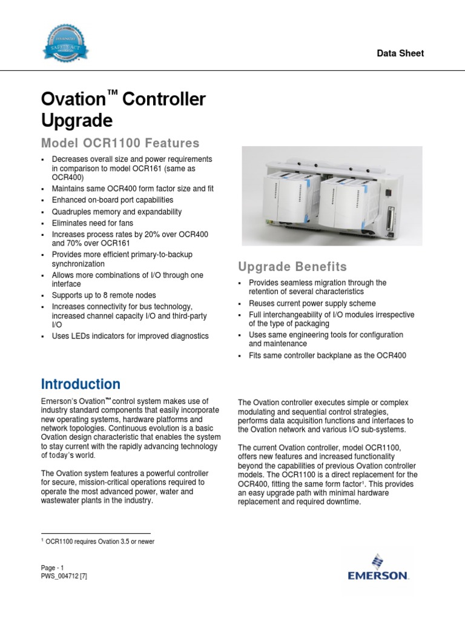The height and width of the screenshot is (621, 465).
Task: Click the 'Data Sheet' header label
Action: coord(400,53)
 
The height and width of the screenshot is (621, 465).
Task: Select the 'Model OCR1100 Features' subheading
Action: coord(120,143)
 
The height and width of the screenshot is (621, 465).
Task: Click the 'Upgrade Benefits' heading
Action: coord(292,267)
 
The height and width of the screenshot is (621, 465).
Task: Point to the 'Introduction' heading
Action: coord(81,384)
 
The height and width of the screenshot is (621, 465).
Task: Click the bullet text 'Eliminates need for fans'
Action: coord(101,223)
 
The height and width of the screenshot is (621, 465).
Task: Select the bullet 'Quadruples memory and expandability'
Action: coord(116,212)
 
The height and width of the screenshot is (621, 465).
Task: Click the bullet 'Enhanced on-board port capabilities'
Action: coord(112,200)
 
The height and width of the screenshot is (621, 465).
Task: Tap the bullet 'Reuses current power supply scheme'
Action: coord(312,303)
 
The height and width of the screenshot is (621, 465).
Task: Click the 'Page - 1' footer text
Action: coord(53,568)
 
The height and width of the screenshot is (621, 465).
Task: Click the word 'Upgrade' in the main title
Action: coord(76,121)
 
